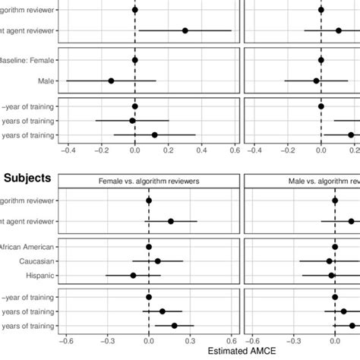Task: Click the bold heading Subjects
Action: [27, 178]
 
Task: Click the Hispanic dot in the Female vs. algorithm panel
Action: [133, 276]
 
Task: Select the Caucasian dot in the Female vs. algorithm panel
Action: [157, 261]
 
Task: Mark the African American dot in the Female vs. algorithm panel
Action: [149, 247]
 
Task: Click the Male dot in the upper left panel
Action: [111, 80]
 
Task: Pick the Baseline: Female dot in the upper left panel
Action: [135, 59]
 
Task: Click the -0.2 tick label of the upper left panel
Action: [100, 150]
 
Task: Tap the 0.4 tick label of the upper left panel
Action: [201, 150]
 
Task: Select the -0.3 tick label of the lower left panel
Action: [106, 340]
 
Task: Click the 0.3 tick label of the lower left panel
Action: [190, 340]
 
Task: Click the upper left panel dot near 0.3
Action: [185, 30]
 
